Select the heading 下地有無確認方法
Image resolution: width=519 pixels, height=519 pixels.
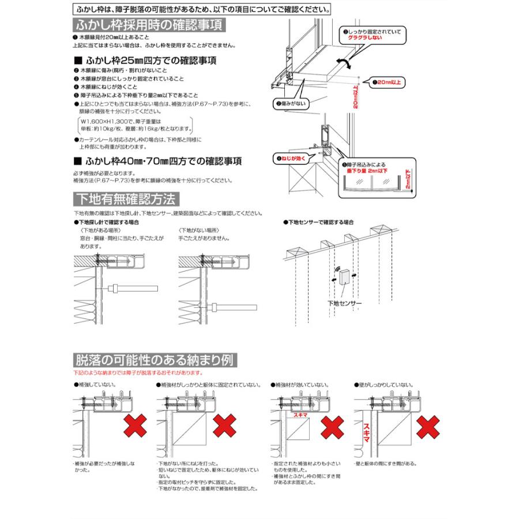[126, 199]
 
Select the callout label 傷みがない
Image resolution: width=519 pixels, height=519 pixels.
[291, 104]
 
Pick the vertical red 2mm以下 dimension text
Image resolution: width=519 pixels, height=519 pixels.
[408, 180]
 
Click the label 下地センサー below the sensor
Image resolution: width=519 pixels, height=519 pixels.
[344, 304]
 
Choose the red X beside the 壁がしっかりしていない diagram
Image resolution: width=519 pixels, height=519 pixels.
[428, 429]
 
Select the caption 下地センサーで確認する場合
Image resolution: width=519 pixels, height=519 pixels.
[318, 221]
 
